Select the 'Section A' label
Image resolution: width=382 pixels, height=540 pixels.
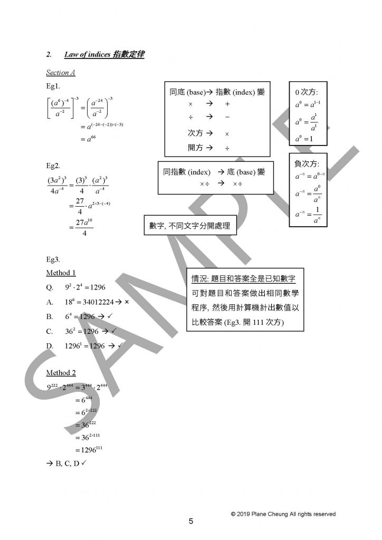click(60, 72)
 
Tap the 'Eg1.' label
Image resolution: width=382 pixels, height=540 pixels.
click(53, 86)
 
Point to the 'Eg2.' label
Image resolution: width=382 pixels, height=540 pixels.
click(53, 165)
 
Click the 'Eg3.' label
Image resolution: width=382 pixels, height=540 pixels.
click(53, 259)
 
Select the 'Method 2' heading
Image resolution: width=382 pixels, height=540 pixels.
click(61, 373)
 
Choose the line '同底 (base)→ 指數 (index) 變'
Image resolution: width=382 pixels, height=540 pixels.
click(217, 92)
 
